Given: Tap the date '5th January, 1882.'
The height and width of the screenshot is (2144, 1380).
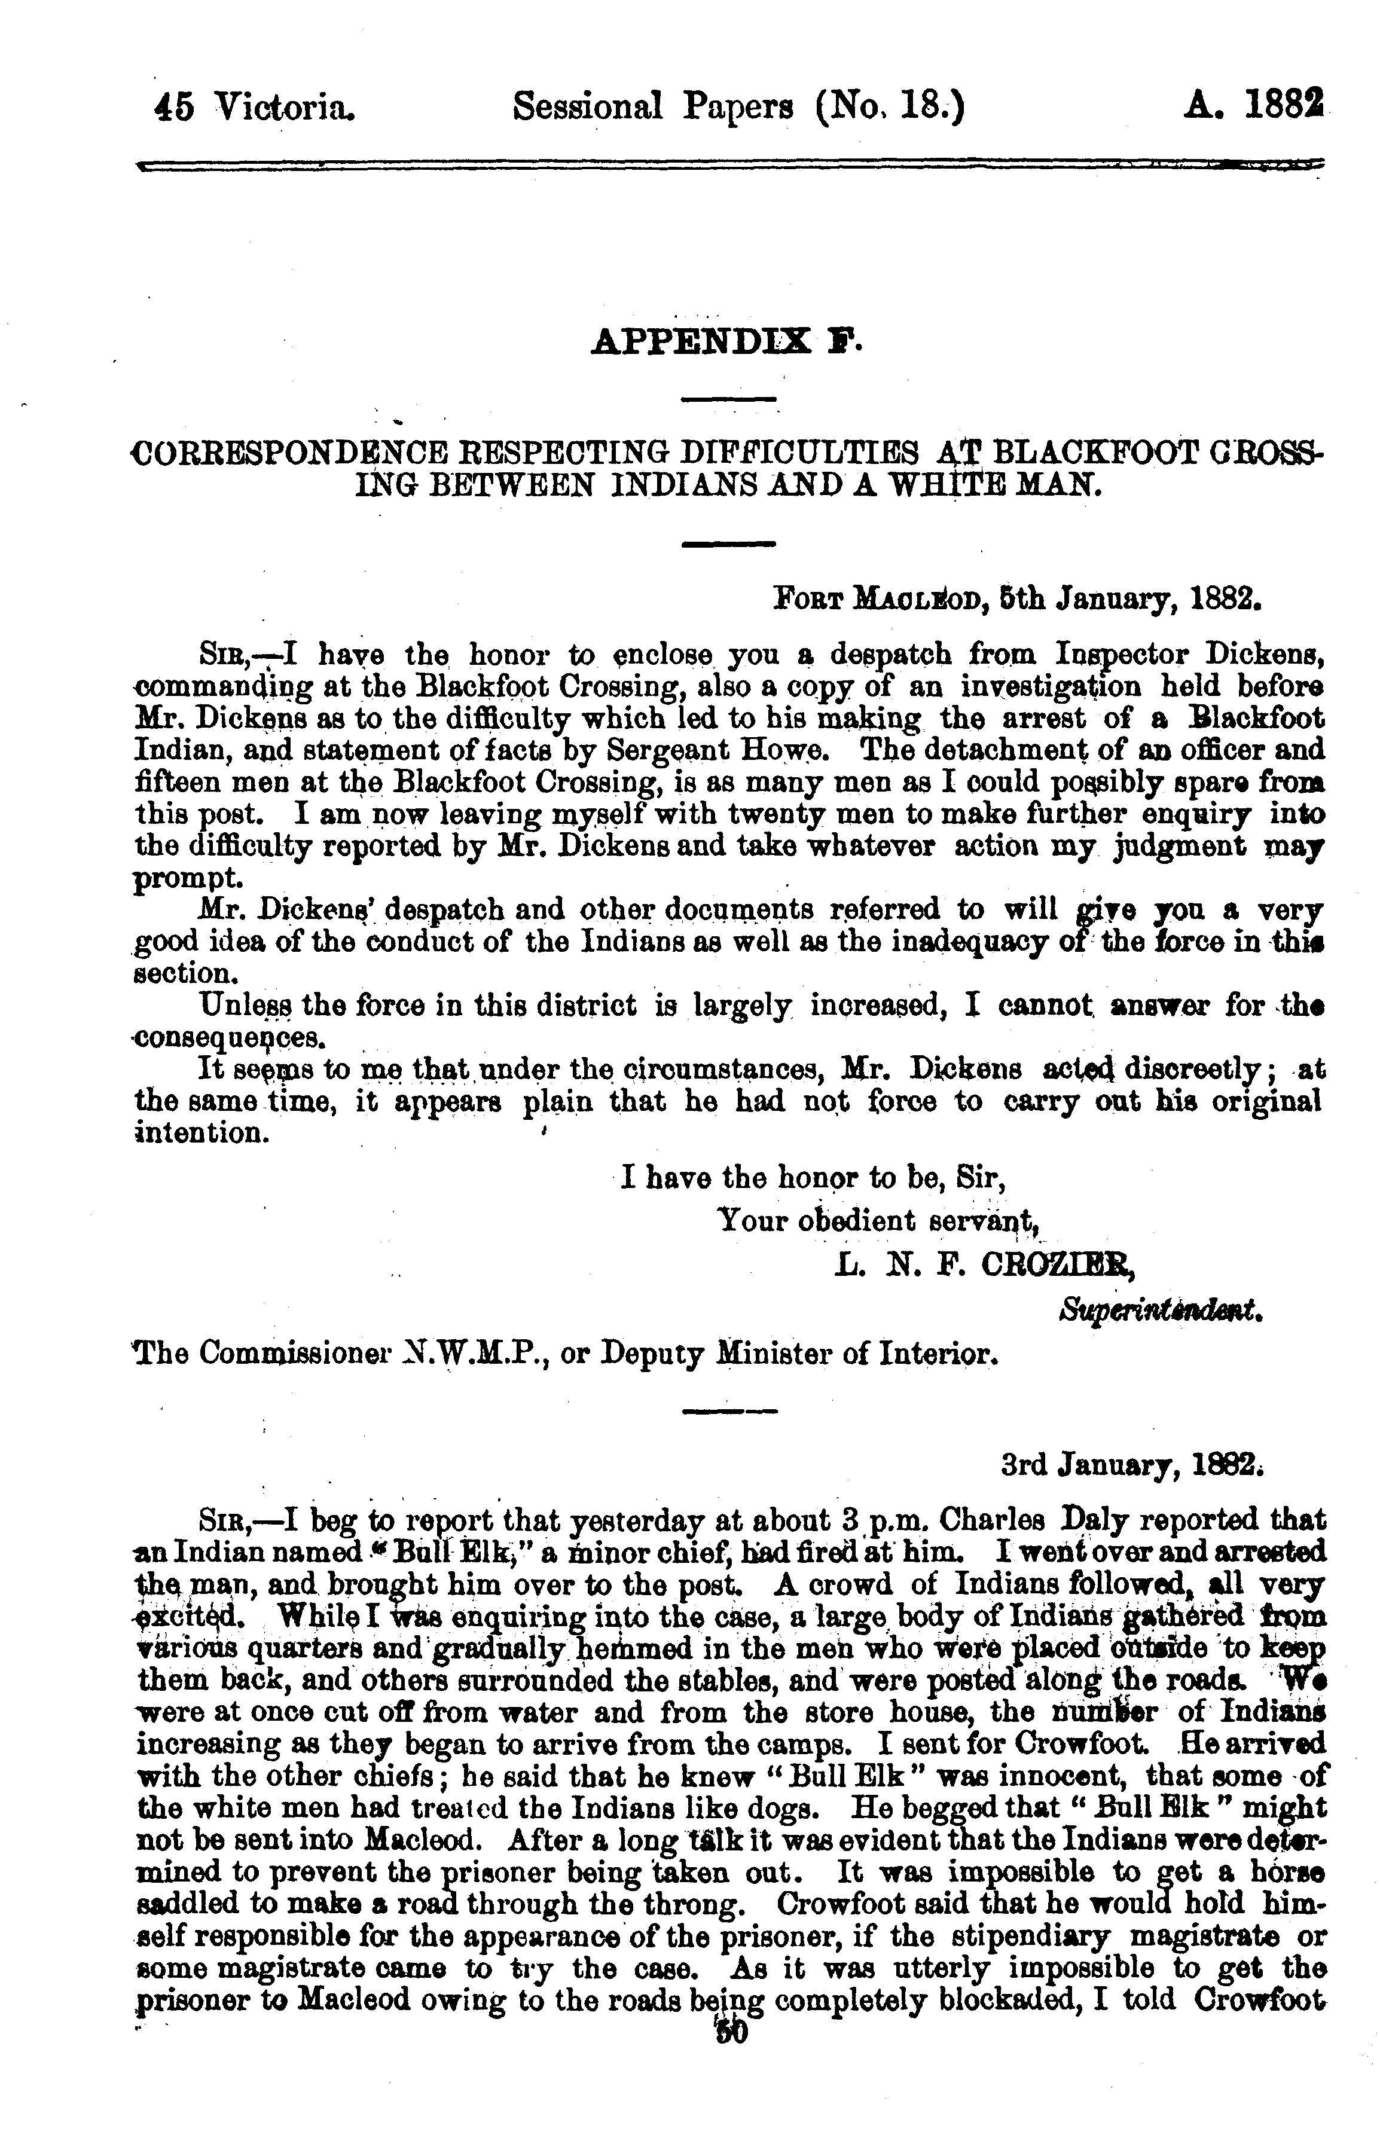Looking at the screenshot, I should click(x=1131, y=598).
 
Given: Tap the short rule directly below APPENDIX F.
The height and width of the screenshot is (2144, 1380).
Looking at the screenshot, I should click(x=728, y=399).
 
